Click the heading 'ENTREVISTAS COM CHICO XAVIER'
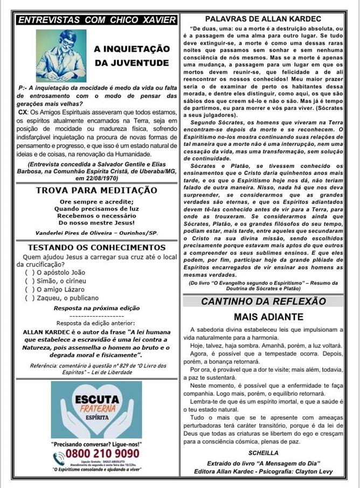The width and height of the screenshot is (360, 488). point(96,20)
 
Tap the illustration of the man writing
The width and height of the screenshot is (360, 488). point(61,55)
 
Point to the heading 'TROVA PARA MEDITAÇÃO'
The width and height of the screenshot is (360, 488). point(96,191)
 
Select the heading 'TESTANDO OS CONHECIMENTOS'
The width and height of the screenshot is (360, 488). point(97,247)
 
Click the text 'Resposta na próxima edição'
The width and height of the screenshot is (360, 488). point(96,308)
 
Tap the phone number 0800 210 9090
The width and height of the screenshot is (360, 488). point(102,453)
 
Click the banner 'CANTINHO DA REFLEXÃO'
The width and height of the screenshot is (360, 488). point(263,301)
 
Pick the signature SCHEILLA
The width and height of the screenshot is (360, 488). point(264,453)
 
